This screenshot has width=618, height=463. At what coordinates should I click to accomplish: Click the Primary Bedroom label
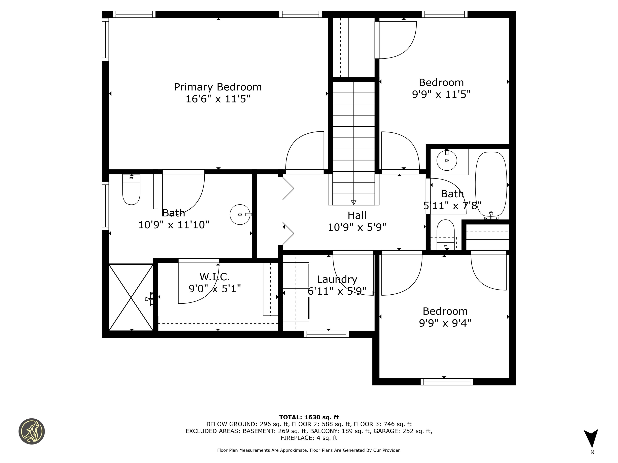218,87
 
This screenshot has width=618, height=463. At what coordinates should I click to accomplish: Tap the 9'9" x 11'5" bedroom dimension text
441,94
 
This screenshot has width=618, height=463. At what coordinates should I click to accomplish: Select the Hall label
357,215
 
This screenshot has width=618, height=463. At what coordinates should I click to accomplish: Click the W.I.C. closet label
215,277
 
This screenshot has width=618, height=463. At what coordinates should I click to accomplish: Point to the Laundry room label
337,279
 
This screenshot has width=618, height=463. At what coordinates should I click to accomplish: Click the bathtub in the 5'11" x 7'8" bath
491,184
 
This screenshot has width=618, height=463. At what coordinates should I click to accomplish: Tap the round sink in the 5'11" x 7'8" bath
447,161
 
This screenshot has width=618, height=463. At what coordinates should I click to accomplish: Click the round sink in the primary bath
240,214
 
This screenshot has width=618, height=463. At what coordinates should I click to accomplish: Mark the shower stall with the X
131,297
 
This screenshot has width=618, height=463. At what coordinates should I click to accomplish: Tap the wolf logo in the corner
32,431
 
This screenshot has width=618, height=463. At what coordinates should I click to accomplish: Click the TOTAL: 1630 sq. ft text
309,417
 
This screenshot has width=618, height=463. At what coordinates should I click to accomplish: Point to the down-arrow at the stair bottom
353,202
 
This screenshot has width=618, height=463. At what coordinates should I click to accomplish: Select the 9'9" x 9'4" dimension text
445,323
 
